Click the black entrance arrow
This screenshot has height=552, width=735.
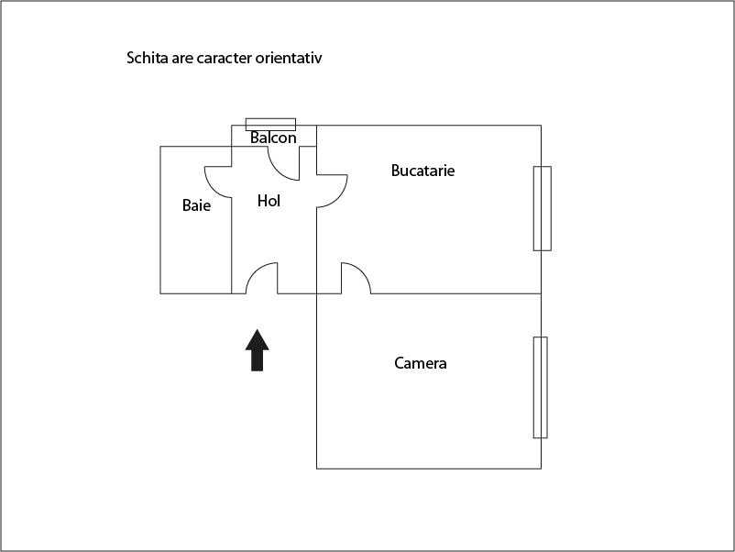pos(257,350)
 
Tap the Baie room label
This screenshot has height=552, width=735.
pos(196,205)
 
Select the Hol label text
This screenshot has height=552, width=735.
pos(269,201)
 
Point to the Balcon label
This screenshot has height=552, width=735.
pos(273,138)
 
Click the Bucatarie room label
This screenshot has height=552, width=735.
pos(422,171)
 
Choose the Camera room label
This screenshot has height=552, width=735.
pos(421,363)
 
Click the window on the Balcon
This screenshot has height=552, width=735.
pos(271,125)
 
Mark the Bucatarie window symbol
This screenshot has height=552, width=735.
pos(543,208)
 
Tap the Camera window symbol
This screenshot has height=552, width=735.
pos(541,387)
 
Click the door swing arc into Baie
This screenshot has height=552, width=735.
pos(218,182)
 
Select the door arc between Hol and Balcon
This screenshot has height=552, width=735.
pos(283,163)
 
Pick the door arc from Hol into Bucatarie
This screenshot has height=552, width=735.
pos(333,191)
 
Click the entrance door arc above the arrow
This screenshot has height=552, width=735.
pos(261,278)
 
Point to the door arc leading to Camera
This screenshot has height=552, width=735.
pos(356,278)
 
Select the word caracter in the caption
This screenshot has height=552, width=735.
pos(225,58)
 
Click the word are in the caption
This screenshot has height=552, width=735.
pos(182,59)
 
